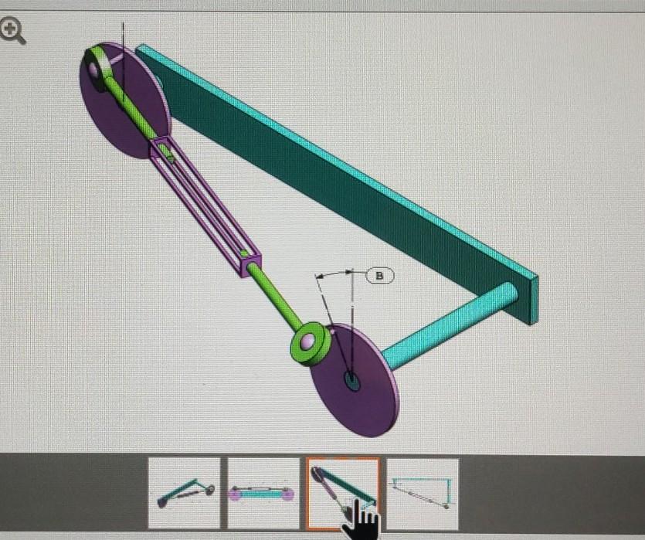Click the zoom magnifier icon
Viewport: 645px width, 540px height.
(x=13, y=32)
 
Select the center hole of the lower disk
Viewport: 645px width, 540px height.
(x=352, y=380)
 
